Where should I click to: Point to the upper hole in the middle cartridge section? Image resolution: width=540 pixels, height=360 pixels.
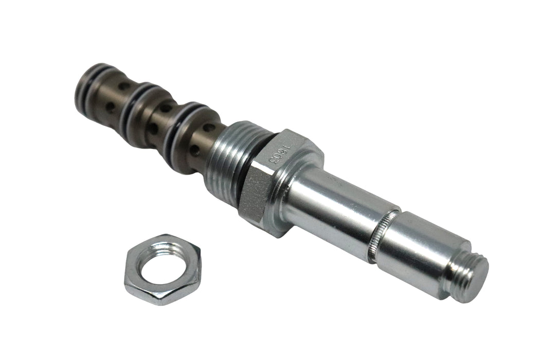165,107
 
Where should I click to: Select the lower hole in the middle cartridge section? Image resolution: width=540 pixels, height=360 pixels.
153,129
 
